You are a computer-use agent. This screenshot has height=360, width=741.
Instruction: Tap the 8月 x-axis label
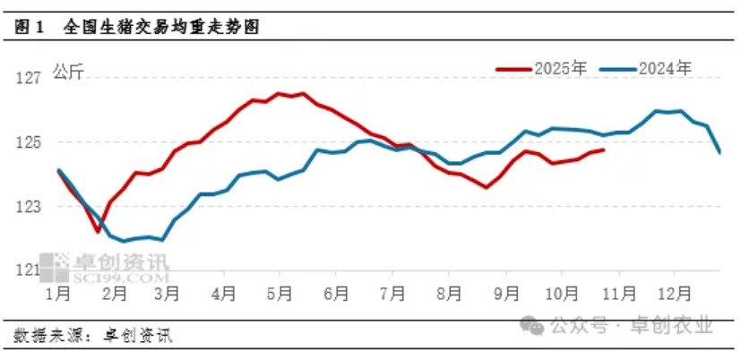[x=451, y=293]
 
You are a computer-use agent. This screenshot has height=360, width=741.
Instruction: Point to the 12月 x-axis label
[x=673, y=293]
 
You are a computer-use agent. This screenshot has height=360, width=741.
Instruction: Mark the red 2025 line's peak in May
[x=280, y=92]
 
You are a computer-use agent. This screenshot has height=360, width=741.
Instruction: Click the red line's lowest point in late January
[x=99, y=232]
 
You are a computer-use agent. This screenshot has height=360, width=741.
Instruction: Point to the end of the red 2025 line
[x=604, y=150]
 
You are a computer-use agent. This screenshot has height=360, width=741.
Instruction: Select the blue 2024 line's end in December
[x=719, y=151]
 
